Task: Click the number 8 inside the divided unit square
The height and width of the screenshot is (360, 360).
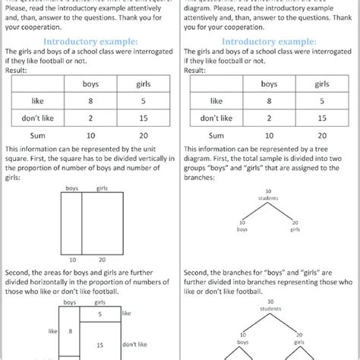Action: click(71, 330)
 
